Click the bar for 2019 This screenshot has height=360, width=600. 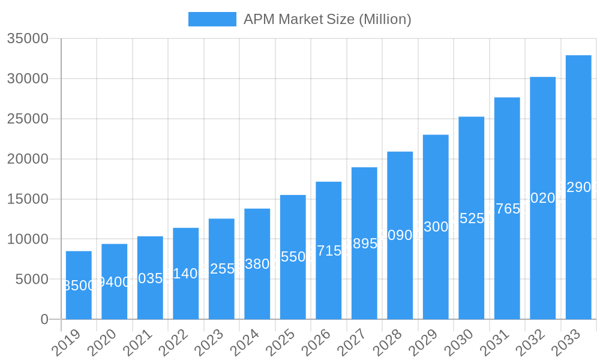click(x=79, y=285)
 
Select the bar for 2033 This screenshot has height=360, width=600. click(x=578, y=187)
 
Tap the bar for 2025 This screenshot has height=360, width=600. click(x=293, y=257)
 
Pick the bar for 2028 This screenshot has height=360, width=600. click(x=400, y=235)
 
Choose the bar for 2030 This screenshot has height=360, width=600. click(x=471, y=218)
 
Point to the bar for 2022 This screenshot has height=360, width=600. click(x=186, y=274)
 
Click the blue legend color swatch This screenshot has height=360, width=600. click(x=212, y=19)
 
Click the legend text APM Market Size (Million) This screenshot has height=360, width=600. click(x=327, y=19)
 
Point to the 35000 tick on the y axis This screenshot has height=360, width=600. click(x=28, y=39)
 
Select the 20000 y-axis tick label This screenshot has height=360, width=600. click(x=28, y=159)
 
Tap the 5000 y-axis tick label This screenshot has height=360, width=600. click(x=31, y=279)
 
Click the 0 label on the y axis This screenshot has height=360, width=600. click(x=44, y=319)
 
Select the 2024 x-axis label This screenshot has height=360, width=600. click(x=245, y=343)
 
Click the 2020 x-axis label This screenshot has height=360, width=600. click(x=102, y=343)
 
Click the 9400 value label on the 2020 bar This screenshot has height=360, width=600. click(x=114, y=282)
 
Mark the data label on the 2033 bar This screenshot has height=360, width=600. click(x=578, y=188)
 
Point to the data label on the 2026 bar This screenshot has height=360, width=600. click(x=329, y=251)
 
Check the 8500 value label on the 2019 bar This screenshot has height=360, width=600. click(x=79, y=286)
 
